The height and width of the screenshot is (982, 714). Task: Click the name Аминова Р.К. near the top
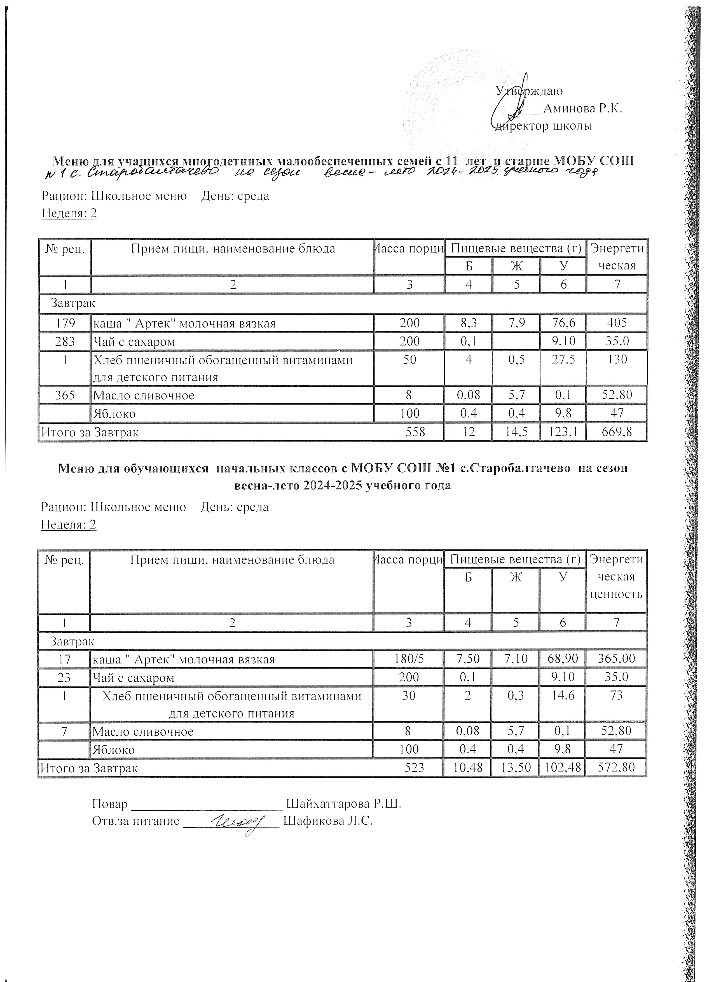pyautogui.click(x=582, y=109)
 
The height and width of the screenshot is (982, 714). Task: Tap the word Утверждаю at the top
pyautogui.click(x=529, y=91)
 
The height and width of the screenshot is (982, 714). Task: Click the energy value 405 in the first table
pyautogui.click(x=617, y=323)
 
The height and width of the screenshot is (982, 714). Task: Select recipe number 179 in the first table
pyautogui.click(x=65, y=323)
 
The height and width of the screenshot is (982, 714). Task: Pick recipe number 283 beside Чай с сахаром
pyautogui.click(x=65, y=342)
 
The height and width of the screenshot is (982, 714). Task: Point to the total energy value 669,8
pyautogui.click(x=617, y=432)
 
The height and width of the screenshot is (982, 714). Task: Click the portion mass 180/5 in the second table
pyautogui.click(x=409, y=659)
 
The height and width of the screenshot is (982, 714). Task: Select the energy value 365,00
pyautogui.click(x=616, y=659)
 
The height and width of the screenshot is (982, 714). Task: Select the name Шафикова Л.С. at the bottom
pyautogui.click(x=328, y=821)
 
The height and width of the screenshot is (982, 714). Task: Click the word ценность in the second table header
pyautogui.click(x=616, y=594)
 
